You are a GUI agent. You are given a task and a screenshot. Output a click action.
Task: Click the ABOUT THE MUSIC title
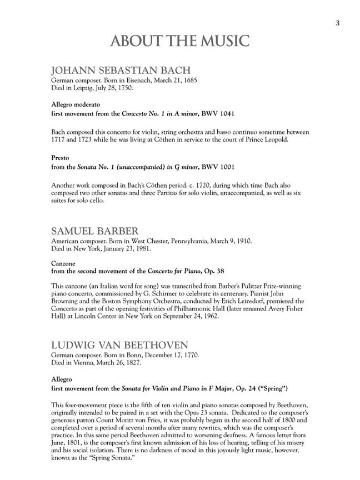click(180, 41)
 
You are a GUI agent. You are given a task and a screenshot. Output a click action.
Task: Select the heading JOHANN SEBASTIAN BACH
click(121, 71)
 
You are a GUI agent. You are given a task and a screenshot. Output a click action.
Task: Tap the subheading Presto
click(60, 158)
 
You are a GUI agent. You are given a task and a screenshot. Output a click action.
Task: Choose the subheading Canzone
click(63, 263)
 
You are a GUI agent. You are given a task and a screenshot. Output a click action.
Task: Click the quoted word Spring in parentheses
click(278, 387)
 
